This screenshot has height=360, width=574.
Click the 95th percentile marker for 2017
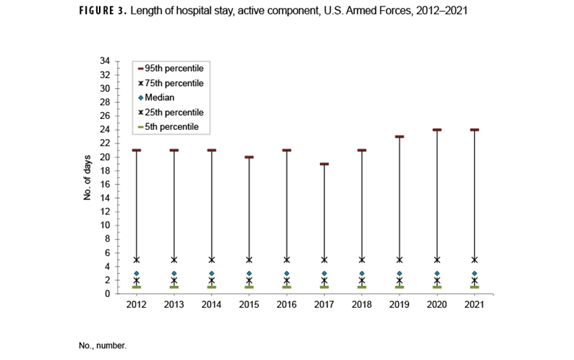(324, 164)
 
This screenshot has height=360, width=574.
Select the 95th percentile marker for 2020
(437, 130)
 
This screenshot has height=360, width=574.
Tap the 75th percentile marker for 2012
(136, 260)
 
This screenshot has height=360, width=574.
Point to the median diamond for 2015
(249, 273)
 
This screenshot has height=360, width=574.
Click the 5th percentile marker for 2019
(400, 287)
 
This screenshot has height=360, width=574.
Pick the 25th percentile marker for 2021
(474, 280)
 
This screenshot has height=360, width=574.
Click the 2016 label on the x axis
(286, 305)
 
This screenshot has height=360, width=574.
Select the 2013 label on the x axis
(174, 305)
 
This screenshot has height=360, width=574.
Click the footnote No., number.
(103, 346)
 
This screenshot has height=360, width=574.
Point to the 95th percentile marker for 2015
(249, 157)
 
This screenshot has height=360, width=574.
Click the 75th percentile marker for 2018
(362, 260)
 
